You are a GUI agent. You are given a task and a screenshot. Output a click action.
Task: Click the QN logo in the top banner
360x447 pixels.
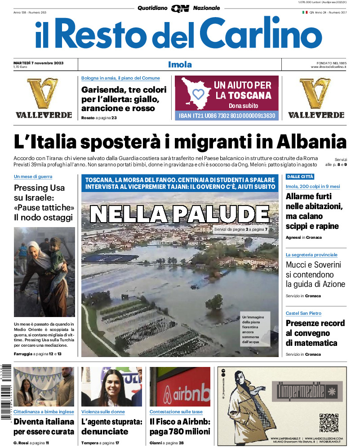pos(180,8)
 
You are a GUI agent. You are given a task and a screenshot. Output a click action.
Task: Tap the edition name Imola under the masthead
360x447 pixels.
pos(180,65)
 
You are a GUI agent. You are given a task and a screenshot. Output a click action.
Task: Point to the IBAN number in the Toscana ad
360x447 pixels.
pos(227,116)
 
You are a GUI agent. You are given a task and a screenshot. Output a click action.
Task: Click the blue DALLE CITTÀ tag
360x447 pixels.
pos(300,177)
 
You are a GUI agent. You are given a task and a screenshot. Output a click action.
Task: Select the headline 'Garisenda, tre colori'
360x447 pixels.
pos(124,89)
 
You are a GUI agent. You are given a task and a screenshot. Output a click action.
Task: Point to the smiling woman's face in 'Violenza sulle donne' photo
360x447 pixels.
pos(111,388)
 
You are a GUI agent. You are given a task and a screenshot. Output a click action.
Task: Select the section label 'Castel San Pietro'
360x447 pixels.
pos(303,313)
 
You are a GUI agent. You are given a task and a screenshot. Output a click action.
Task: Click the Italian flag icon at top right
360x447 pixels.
pos(304,12)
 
